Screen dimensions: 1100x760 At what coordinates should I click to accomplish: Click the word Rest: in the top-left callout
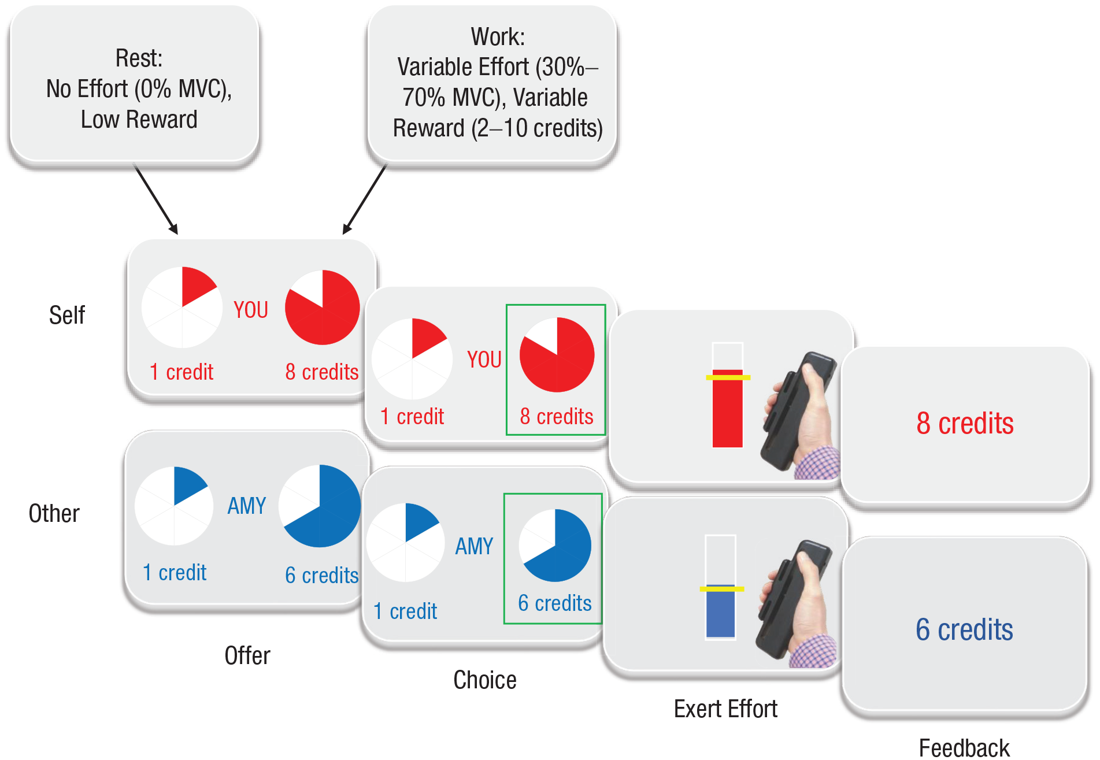[139, 58]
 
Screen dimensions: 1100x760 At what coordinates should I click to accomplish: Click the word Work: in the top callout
[498, 37]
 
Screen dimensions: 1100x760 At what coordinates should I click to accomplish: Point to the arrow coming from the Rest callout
[156, 199]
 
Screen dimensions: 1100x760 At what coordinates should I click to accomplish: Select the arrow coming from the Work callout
[364, 199]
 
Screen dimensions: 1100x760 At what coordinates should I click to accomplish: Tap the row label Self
[67, 316]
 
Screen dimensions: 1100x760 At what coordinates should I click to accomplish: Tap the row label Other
[54, 514]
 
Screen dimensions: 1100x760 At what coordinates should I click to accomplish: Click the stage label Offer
[247, 656]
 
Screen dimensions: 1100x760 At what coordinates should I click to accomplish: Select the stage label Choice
[485, 680]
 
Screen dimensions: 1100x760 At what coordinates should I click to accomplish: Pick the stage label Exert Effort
[725, 709]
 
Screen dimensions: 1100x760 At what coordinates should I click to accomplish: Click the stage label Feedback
[964, 748]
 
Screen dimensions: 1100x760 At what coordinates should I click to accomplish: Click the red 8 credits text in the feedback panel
[965, 424]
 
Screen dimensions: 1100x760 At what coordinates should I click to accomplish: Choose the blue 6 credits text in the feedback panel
[964, 630]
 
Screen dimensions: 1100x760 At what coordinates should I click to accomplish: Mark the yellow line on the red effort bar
[728, 377]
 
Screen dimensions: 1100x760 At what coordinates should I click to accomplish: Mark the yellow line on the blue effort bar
[721, 589]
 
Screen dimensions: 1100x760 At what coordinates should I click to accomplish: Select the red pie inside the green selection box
[557, 355]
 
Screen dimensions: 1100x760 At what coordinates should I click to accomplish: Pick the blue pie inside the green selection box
[555, 545]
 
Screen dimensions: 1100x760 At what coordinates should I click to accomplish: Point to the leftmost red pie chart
[182, 307]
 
